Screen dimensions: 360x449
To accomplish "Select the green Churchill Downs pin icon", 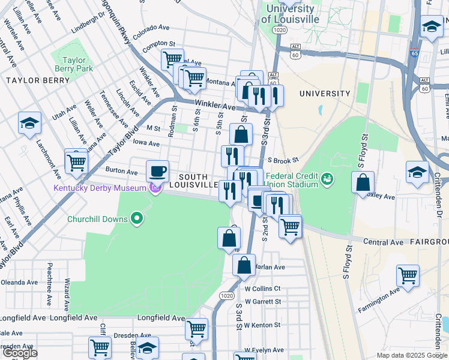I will tap(137, 219).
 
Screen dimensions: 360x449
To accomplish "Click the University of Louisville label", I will tap(290, 14).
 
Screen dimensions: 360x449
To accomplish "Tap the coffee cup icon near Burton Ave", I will tap(157, 172).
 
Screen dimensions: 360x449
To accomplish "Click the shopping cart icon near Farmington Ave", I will tap(408, 275).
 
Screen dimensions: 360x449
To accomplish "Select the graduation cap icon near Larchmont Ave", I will tap(29, 123).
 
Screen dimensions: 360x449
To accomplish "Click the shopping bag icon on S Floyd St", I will tap(363, 182).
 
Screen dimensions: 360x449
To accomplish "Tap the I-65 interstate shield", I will tap(415, 53).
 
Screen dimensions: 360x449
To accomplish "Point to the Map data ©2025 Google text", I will tap(412, 355).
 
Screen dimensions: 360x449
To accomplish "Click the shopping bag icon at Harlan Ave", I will tap(244, 265).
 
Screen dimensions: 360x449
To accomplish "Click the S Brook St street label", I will tap(283, 161).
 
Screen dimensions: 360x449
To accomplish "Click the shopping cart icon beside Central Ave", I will tap(290, 226).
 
